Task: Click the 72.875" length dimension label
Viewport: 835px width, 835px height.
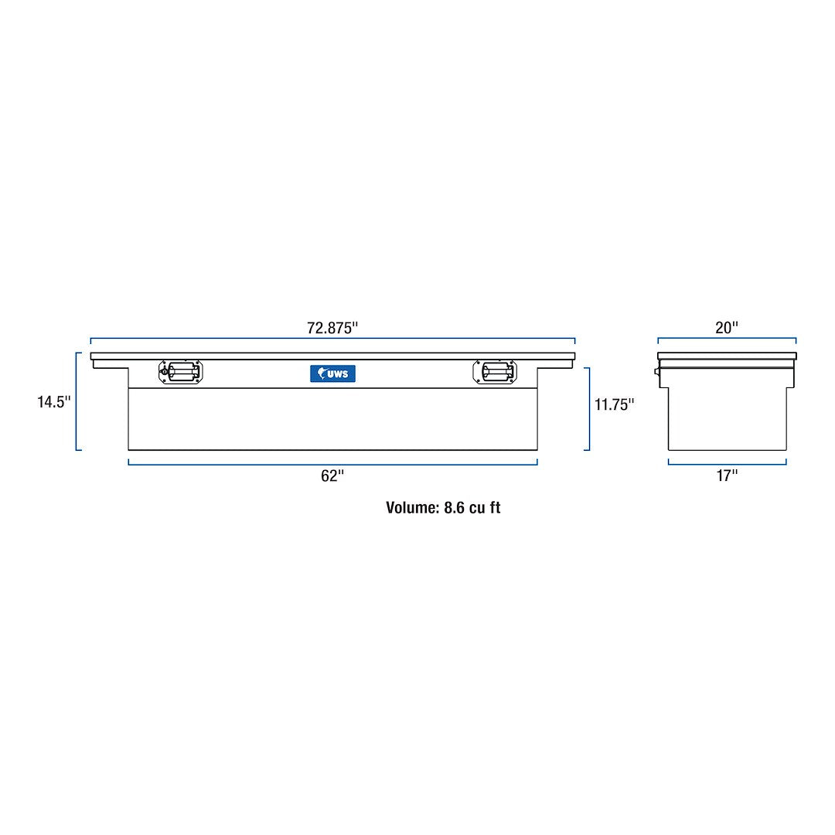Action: pos(332,328)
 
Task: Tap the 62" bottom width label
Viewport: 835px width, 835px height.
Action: pos(332,476)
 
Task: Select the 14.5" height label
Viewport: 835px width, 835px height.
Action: pos(54,402)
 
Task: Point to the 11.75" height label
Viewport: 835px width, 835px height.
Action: pos(615,404)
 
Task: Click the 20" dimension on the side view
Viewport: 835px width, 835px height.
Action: pos(727,328)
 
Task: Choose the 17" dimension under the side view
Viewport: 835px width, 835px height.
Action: pos(727,476)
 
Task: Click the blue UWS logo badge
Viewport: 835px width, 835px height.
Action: pos(332,373)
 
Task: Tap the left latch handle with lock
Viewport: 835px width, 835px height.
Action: pos(180,372)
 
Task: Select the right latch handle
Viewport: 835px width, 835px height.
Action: pos(495,372)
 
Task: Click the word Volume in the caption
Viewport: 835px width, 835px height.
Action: pos(411,508)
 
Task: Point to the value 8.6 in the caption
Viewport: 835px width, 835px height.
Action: pos(454,508)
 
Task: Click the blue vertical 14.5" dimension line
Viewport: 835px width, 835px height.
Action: pos(77,401)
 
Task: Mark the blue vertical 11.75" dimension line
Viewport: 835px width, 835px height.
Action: pos(589,408)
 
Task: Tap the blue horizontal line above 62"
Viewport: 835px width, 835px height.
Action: pos(332,464)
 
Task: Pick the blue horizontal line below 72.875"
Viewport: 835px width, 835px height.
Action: pos(332,339)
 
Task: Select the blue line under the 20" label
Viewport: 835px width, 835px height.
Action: pos(727,339)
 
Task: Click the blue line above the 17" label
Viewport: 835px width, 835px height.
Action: pos(727,464)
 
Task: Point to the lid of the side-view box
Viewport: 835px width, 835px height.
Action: pos(727,356)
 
